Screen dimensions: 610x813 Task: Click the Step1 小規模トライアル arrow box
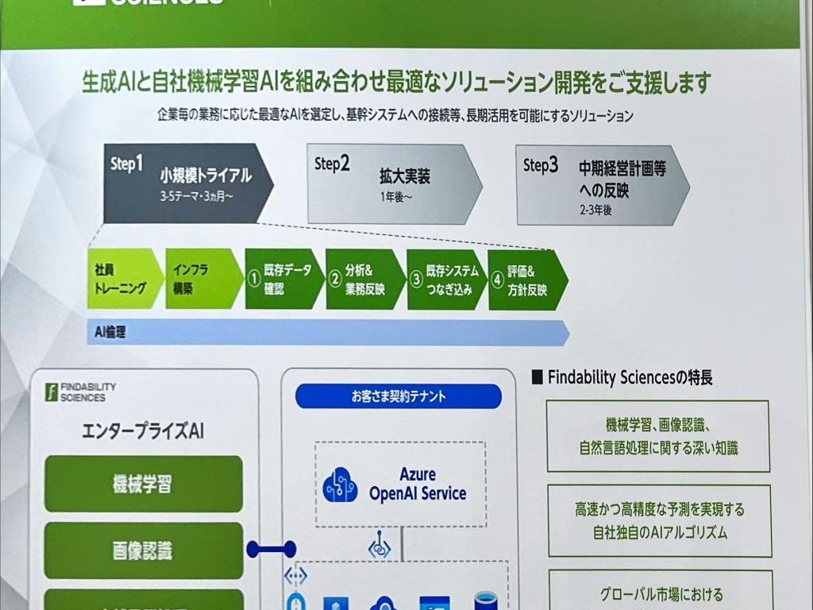tap(187, 183)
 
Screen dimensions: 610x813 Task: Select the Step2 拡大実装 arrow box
tap(393, 183)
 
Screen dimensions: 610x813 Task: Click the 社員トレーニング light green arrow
tap(123, 279)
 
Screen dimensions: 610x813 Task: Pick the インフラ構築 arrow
tap(202, 279)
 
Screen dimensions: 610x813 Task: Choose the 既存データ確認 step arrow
tap(282, 280)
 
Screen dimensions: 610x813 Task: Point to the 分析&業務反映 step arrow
tap(364, 280)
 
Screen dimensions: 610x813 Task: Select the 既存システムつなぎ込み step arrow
tap(445, 280)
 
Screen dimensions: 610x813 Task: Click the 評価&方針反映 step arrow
tap(526, 280)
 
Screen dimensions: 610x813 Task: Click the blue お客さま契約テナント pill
tap(399, 396)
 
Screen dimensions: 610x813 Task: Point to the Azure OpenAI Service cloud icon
tap(341, 485)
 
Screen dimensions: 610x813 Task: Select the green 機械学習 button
tap(143, 484)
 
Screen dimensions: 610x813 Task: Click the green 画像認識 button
tap(143, 550)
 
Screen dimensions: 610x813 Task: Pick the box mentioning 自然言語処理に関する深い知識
tap(658, 436)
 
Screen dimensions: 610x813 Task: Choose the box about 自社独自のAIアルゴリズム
tap(659, 520)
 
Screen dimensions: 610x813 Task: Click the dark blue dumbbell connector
tap(271, 549)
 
